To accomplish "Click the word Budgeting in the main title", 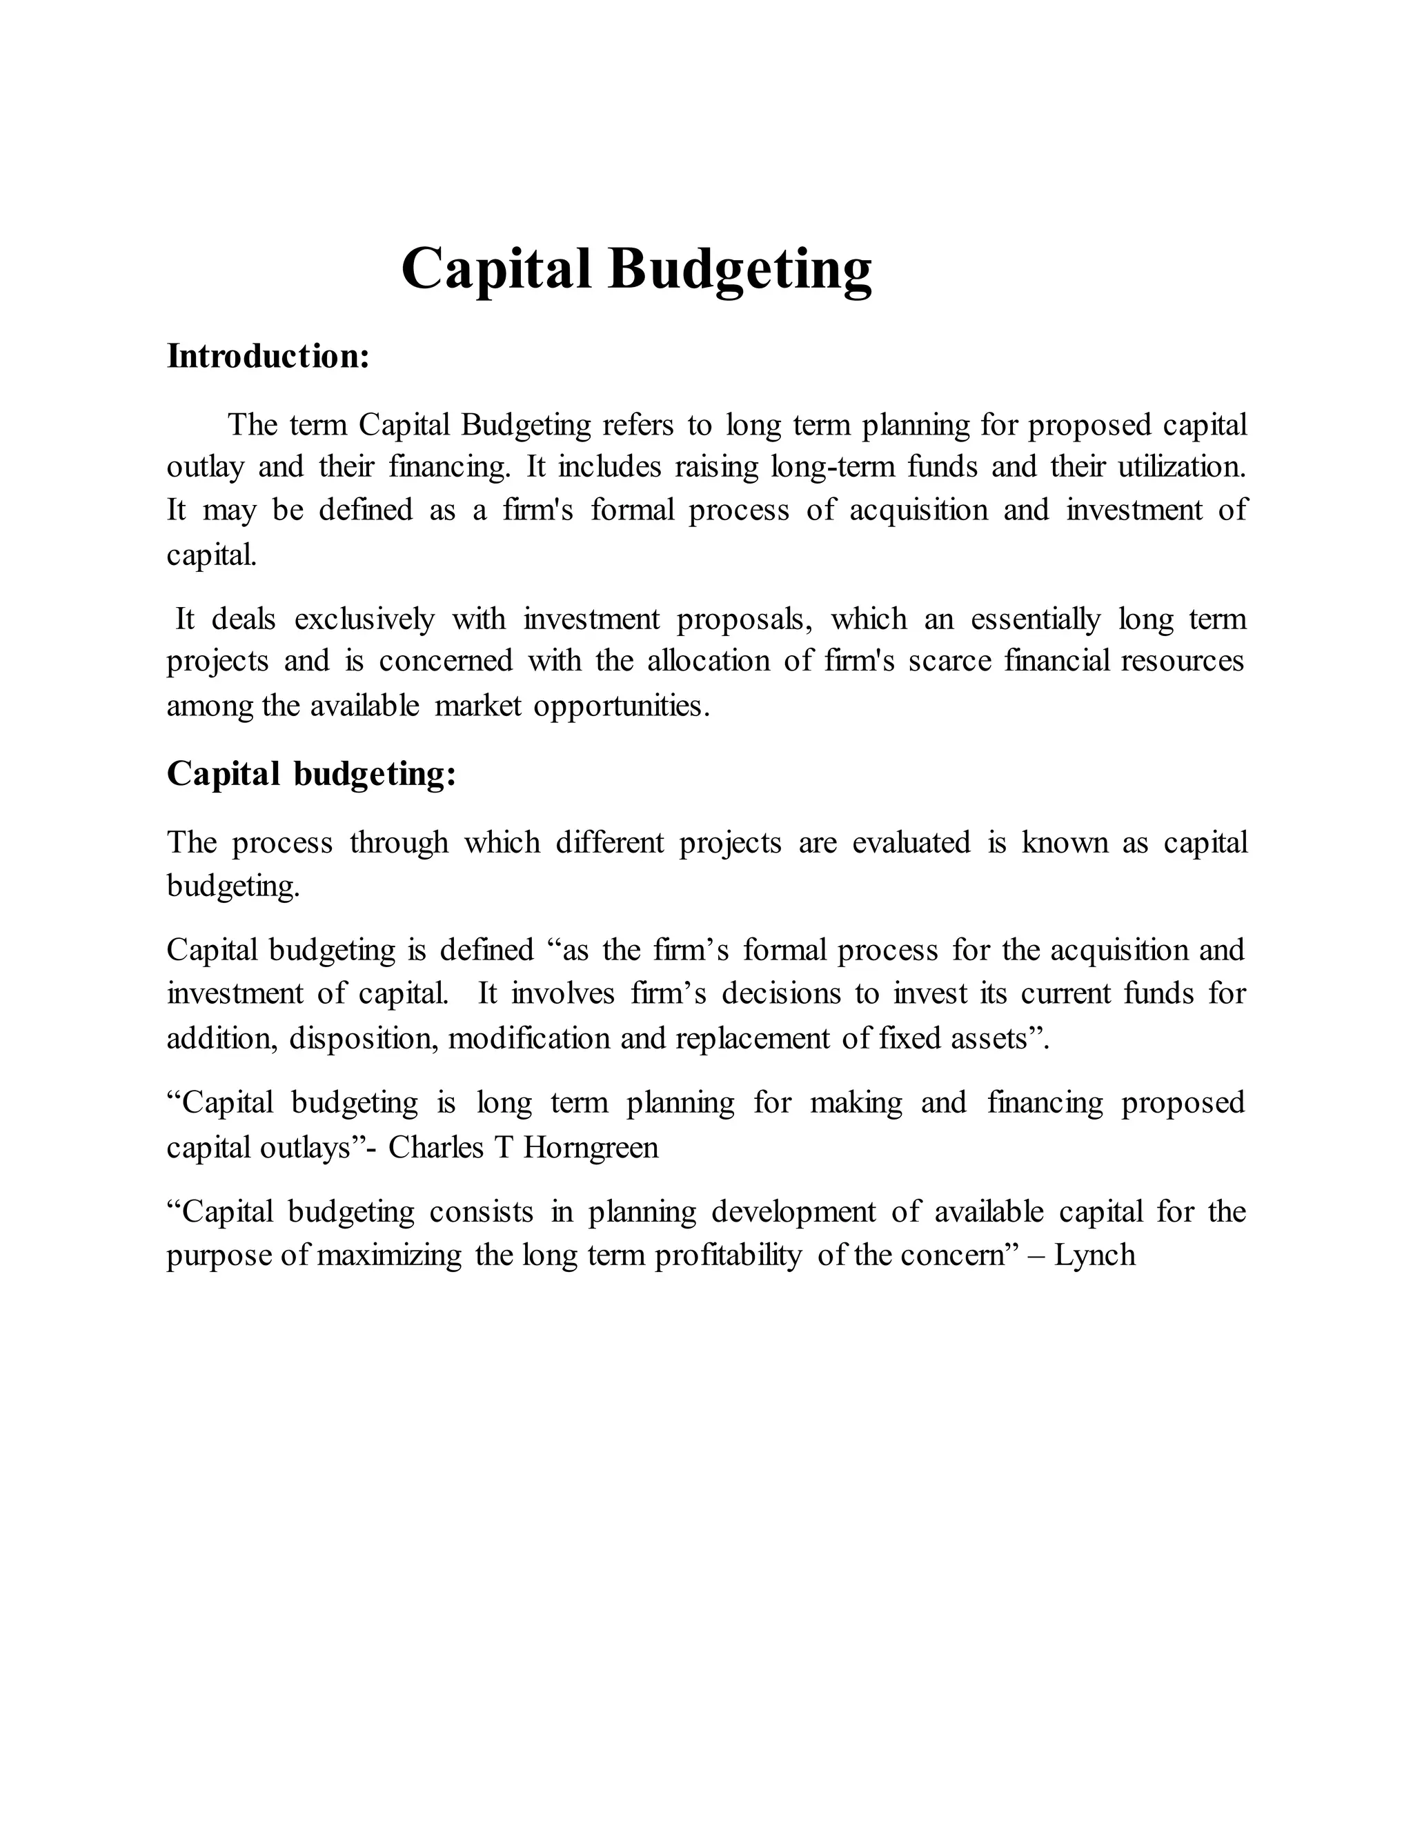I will [740, 270].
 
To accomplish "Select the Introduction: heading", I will [268, 357].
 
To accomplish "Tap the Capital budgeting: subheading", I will [311, 773].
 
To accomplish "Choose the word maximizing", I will [389, 1255].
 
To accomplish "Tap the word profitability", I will [727, 1255].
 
